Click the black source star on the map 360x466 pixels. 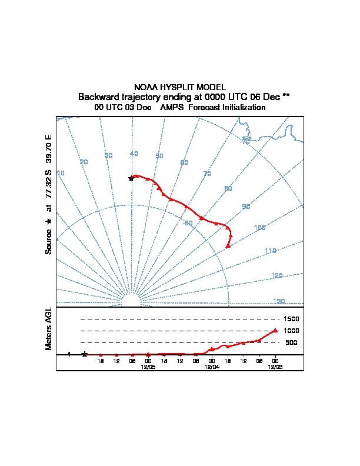tap(131, 178)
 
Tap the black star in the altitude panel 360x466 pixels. tap(85, 354)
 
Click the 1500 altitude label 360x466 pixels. tap(291, 319)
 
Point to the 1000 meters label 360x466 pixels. tap(291, 331)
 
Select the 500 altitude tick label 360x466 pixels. tap(291, 342)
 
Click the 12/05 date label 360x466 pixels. tap(148, 366)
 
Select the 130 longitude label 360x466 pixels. tap(279, 301)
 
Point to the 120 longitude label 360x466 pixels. tap(278, 275)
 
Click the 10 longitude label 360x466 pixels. tap(61, 173)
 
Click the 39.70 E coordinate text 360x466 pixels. tap(49, 149)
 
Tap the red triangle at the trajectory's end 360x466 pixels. tap(228, 245)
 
